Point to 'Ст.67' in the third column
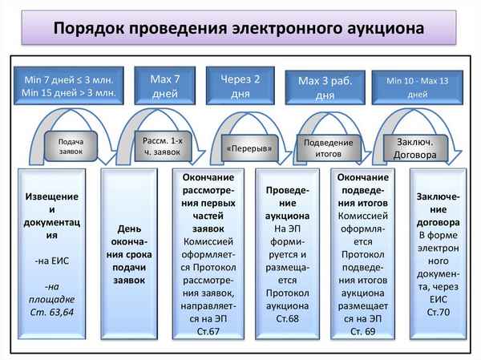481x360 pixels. tap(208, 330)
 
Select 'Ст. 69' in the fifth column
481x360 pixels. tap(364, 330)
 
